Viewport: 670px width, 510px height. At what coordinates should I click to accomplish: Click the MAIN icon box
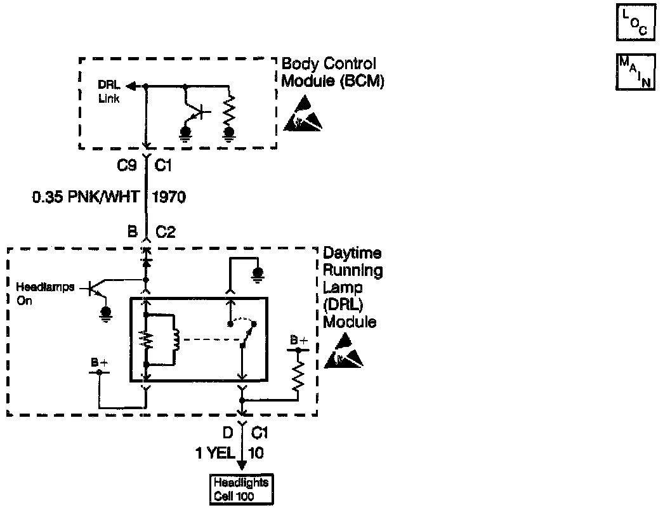634,72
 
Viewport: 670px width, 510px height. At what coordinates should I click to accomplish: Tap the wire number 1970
168,198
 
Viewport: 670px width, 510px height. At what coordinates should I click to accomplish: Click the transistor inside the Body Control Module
197,112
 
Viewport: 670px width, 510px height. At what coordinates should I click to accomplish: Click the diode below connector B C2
146,261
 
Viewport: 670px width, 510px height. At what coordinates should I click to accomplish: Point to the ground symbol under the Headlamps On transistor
106,314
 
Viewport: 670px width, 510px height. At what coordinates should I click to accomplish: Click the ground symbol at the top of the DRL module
258,275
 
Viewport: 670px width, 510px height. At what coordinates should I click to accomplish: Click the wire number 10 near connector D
257,453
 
